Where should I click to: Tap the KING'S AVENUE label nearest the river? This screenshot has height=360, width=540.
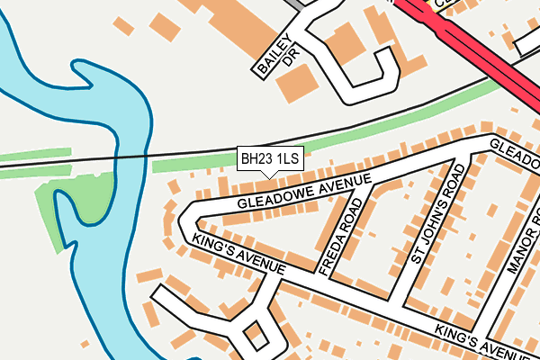(x=238, y=254)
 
